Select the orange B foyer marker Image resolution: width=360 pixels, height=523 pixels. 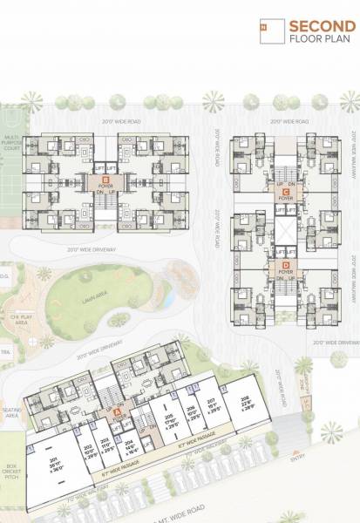tap(105, 178)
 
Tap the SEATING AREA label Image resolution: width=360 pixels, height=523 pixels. tap(11, 414)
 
